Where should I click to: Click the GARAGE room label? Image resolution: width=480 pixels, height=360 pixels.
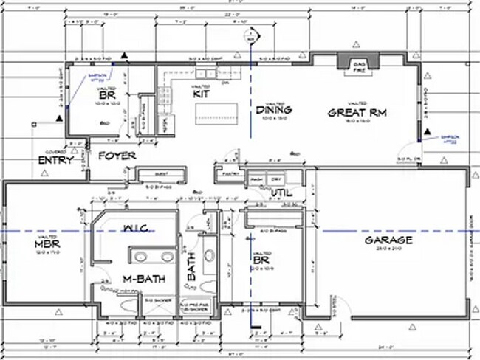pos(388,241)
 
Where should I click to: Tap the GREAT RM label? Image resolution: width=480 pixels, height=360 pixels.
pos(358,113)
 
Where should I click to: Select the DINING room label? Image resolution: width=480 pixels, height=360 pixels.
pos(274,110)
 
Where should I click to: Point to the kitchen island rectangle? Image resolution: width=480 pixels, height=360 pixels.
pos(218,113)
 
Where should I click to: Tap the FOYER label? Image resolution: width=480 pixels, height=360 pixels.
pos(116,156)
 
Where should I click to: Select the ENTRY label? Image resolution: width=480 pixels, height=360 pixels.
pos(55,160)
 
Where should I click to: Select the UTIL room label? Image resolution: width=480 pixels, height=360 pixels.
pos(281,193)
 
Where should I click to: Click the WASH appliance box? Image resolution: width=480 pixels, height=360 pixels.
pos(257,180)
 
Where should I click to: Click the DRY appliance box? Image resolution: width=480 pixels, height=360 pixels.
pos(275,180)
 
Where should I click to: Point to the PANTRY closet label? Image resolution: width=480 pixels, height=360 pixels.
pos(229,174)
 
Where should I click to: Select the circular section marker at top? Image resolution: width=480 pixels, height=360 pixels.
pos(252,36)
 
